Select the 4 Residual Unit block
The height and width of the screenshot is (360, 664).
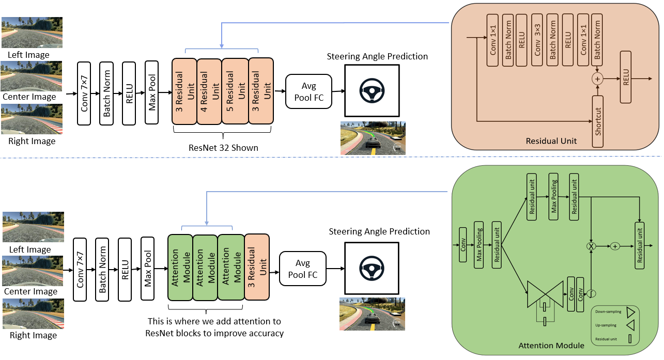click(x=209, y=91)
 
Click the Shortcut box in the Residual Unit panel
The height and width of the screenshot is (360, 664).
click(x=598, y=121)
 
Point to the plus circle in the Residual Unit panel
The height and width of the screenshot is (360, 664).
click(x=598, y=79)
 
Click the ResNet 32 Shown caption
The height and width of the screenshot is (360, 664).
click(x=223, y=148)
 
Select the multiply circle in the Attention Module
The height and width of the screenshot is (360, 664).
click(x=591, y=246)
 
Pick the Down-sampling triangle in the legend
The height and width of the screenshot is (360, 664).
click(x=630, y=312)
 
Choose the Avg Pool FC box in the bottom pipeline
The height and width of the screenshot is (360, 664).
click(x=303, y=269)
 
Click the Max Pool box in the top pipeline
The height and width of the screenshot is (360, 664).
click(x=152, y=92)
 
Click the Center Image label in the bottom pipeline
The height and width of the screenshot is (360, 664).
click(x=31, y=292)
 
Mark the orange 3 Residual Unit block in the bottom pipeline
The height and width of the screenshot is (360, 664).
click(x=257, y=267)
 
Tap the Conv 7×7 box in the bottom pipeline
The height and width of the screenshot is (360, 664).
click(x=80, y=269)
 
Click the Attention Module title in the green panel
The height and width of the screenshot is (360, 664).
click(x=551, y=345)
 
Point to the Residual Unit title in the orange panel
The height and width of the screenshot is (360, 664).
click(x=551, y=140)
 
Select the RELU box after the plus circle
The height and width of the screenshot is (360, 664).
click(x=626, y=79)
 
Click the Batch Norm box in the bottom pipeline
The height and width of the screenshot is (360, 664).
click(x=102, y=269)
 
